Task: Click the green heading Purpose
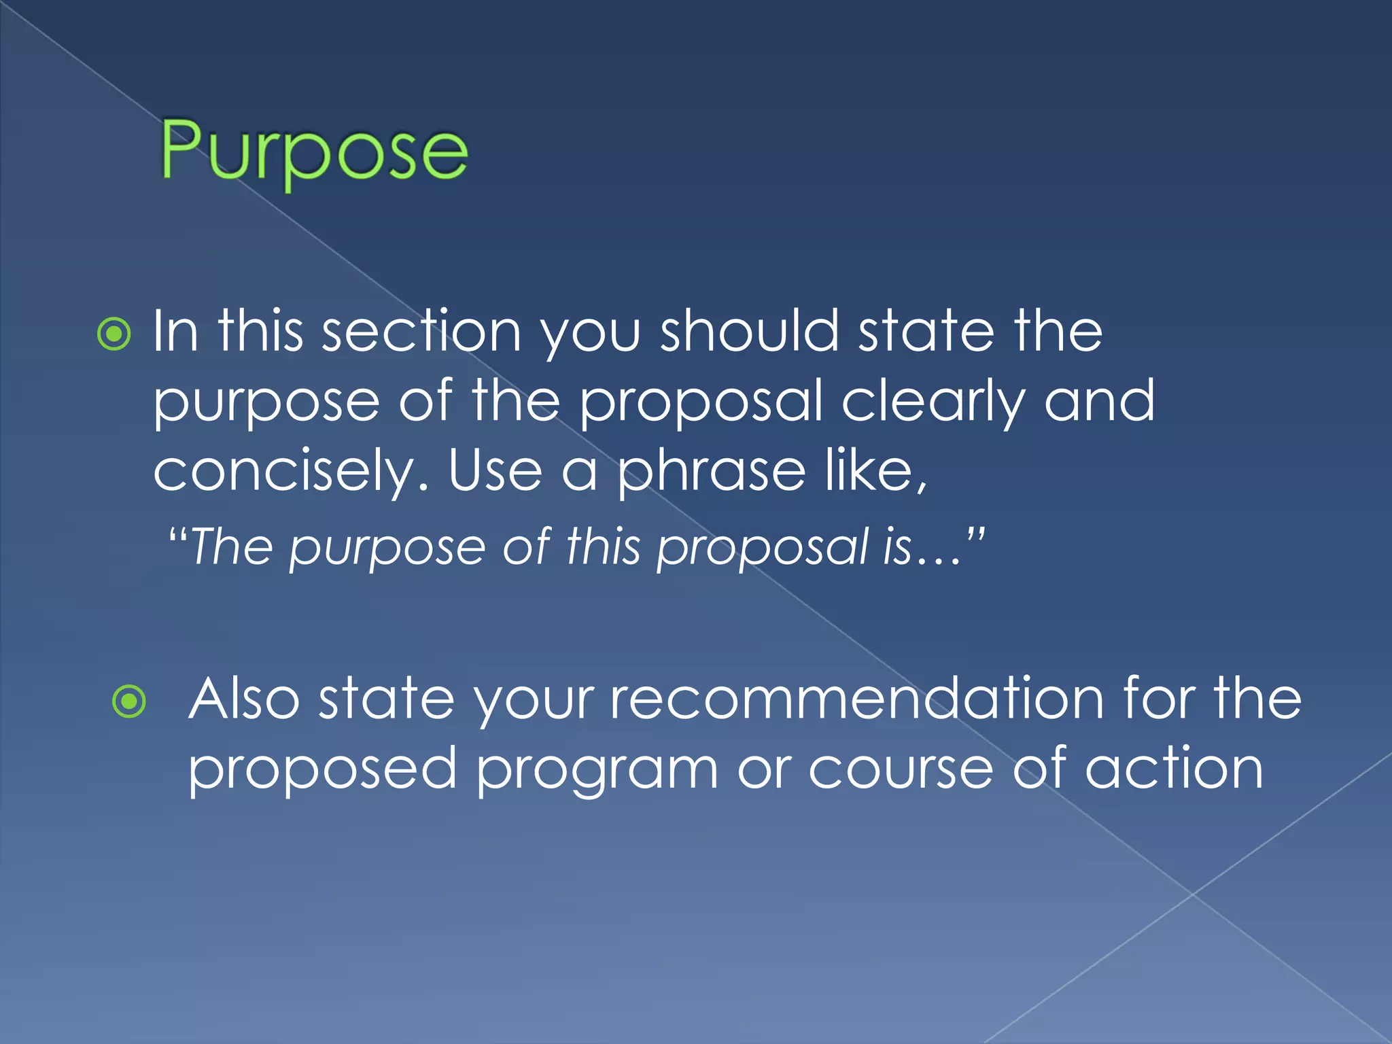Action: point(314,151)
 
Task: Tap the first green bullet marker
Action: point(114,334)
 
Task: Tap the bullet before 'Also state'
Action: point(129,701)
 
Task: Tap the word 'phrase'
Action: point(711,473)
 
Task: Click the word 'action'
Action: point(1174,768)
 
